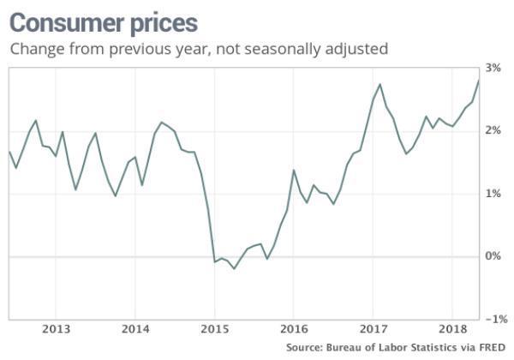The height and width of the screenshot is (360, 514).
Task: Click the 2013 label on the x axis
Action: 56,328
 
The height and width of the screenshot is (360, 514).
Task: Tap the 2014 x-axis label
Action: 135,328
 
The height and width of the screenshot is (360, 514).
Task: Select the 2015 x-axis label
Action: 214,328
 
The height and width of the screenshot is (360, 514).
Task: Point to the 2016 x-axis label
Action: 293,328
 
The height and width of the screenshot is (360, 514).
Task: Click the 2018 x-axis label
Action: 451,328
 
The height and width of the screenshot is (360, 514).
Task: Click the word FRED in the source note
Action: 490,348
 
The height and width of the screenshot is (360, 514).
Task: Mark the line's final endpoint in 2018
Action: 478,80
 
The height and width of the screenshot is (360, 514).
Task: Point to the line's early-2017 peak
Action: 380,84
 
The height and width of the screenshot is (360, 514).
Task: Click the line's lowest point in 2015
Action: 235,268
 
